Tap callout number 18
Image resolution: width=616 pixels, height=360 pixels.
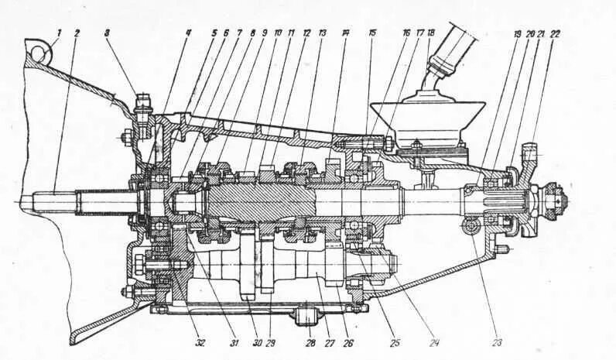[430, 33]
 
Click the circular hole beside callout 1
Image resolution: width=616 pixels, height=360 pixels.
[37, 52]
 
